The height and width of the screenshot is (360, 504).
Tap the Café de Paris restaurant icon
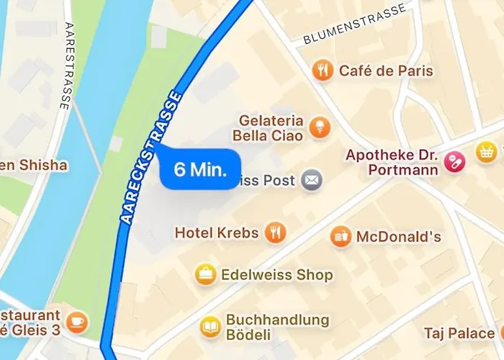(323, 71)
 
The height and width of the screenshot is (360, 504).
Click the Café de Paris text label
(386, 71)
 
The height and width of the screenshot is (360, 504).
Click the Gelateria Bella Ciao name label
(268, 127)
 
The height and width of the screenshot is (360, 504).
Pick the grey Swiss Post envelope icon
(312, 180)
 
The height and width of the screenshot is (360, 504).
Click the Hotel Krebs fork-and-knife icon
(274, 233)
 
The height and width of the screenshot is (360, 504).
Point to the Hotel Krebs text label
(215, 233)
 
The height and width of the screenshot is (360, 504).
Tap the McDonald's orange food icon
(341, 236)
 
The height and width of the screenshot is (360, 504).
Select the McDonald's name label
(398, 236)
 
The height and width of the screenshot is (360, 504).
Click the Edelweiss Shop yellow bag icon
(207, 274)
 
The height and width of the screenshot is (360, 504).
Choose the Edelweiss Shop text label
(277, 274)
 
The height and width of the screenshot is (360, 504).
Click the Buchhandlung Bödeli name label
(277, 328)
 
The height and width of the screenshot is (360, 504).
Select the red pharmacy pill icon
(454, 162)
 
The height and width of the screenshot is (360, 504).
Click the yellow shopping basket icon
(487, 151)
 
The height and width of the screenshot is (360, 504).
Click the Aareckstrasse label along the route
(149, 158)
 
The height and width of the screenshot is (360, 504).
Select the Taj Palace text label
(459, 333)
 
